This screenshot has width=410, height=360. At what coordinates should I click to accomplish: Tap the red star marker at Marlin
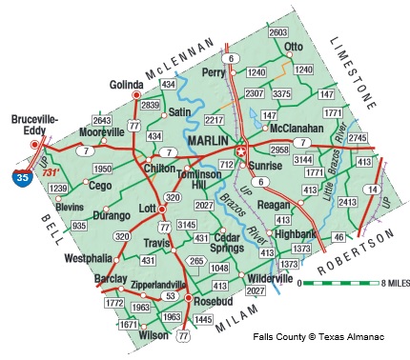(x=241, y=150)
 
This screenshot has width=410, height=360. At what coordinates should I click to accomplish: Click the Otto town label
(x=294, y=46)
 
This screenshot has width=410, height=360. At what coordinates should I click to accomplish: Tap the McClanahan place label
(x=297, y=128)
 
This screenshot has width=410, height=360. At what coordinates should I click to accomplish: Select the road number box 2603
(x=278, y=33)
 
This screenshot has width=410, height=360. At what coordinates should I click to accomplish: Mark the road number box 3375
(x=281, y=94)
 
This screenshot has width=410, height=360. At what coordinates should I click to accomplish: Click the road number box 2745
(x=358, y=139)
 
